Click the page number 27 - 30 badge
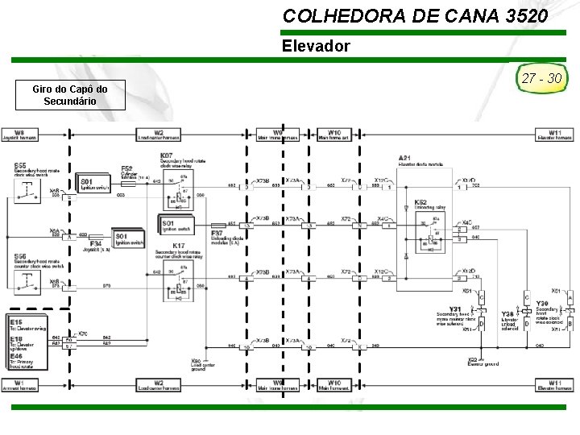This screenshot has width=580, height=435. point(542,79)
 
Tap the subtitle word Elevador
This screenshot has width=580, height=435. point(316,46)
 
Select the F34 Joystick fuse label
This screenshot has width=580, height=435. point(97,245)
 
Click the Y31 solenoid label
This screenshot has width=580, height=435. point(456,309)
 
